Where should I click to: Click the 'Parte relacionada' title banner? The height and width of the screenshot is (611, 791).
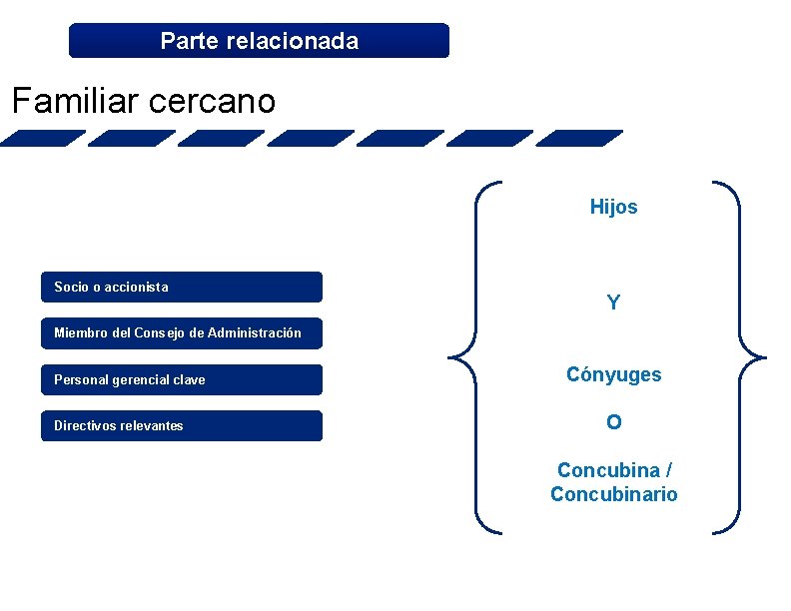click(259, 41)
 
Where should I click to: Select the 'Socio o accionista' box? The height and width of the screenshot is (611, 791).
click(182, 288)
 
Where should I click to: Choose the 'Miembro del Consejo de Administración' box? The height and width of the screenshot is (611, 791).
click(182, 333)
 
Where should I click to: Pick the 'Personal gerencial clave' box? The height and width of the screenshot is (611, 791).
click(182, 380)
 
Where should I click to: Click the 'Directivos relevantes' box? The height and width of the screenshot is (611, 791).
click(182, 426)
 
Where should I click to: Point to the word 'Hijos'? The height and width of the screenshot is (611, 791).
click(613, 208)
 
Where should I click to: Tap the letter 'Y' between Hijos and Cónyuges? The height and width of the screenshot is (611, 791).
click(613, 303)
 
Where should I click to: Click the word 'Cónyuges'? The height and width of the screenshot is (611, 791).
click(613, 375)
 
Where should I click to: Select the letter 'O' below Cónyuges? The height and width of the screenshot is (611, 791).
click(613, 422)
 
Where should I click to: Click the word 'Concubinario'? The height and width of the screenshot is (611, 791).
click(613, 494)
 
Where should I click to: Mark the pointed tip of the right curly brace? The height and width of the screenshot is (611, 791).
click(765, 355)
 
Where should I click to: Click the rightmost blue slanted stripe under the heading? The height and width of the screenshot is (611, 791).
click(579, 139)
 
